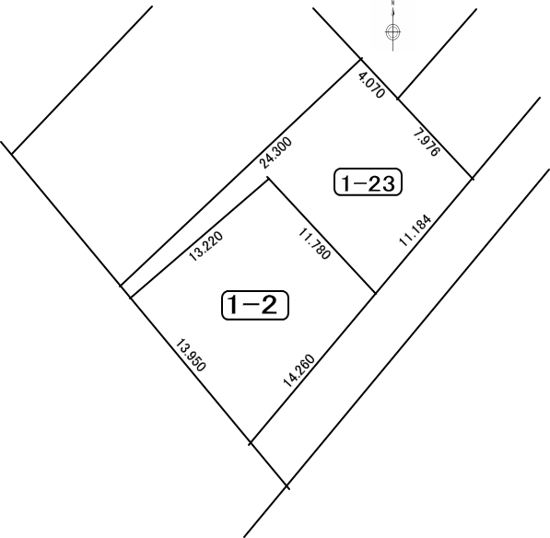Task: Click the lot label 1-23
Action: [x=368, y=182]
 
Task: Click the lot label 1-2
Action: [x=255, y=305]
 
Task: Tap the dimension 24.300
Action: [x=276, y=153]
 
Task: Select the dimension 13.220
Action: [x=205, y=246]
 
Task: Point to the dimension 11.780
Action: [x=314, y=244]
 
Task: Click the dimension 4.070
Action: [x=371, y=85]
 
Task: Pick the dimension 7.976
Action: [x=427, y=143]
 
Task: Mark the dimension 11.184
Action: [x=415, y=230]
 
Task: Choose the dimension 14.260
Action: [x=299, y=371]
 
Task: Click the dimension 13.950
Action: [x=190, y=355]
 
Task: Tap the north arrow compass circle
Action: [x=392, y=32]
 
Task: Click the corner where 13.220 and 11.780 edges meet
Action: [x=268, y=179]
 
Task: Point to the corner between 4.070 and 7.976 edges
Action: [x=398, y=99]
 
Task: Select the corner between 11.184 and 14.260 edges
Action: [x=375, y=293]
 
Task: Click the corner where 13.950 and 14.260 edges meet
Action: [x=251, y=443]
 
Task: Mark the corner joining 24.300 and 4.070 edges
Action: [x=361, y=59]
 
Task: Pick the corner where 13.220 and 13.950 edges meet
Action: [x=131, y=298]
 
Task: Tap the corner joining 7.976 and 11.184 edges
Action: [x=472, y=179]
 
